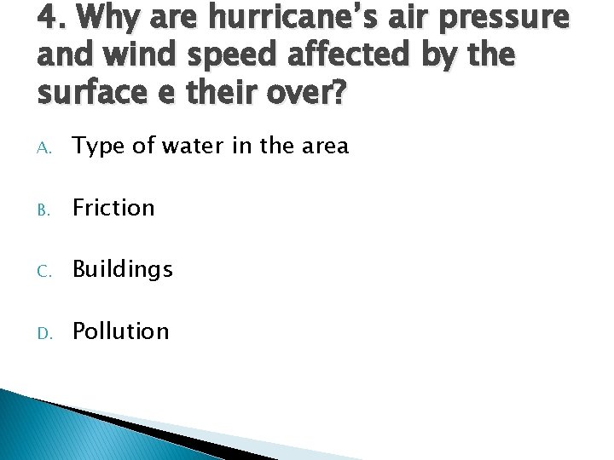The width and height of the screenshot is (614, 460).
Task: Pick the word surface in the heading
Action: click(x=90, y=92)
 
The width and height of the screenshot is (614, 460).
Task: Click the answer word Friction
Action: click(x=113, y=207)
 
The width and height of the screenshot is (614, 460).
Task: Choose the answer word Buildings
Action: click(x=123, y=270)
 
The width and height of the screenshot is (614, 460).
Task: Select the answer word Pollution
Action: click(x=121, y=331)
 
